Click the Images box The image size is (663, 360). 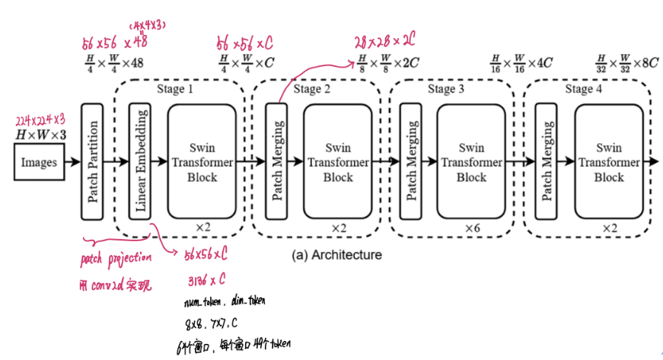coord(39,162)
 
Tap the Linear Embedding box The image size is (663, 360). coord(140,162)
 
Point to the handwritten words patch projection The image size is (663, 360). coord(116,261)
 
